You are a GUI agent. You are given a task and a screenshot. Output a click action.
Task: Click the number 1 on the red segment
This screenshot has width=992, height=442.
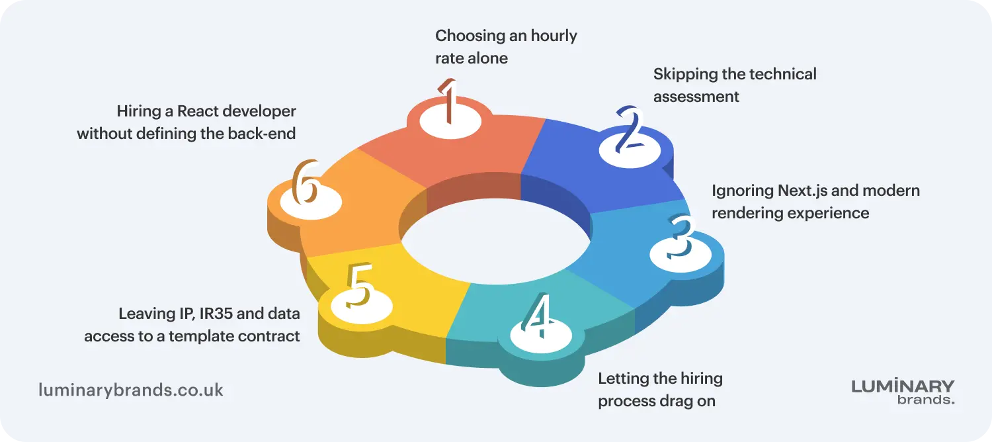(448, 102)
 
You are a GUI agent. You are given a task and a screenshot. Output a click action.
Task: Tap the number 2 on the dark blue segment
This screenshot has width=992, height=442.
(630, 129)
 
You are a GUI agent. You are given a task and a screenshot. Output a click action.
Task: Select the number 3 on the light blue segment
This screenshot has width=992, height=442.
(681, 236)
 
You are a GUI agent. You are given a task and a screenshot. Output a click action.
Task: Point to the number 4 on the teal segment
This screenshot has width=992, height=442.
(537, 315)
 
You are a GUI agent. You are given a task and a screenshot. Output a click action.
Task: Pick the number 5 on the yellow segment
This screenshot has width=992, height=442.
(360, 285)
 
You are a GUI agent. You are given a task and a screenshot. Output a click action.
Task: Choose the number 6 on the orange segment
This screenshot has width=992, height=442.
(306, 182)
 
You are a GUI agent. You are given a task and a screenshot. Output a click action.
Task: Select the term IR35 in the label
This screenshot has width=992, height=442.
(216, 314)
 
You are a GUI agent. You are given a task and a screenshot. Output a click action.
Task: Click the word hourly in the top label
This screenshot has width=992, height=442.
(554, 36)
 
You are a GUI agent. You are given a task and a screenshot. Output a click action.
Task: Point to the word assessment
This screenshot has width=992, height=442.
(696, 97)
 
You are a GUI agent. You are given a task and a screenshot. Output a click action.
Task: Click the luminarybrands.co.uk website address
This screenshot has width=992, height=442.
(131, 390)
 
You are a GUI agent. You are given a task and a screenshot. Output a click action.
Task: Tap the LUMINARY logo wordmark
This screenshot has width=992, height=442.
(903, 386)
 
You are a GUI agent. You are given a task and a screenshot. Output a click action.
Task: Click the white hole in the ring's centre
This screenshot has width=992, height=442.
(495, 242)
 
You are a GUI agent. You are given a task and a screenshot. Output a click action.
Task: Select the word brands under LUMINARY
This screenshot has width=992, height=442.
(926, 400)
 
